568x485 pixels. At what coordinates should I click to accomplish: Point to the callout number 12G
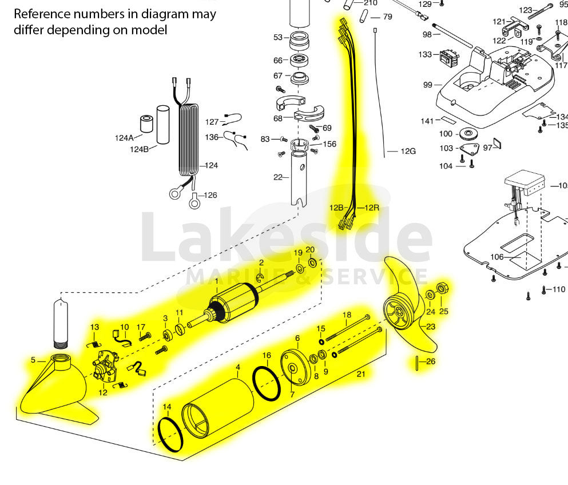tap(408, 151)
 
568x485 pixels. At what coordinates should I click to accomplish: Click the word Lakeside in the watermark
tap(286, 237)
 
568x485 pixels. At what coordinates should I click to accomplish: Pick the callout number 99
tap(427, 85)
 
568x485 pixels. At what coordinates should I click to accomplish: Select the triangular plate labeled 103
tap(470, 150)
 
